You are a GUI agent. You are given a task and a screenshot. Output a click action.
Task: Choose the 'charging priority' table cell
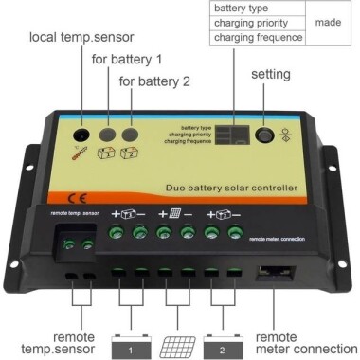tap(257, 23)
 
